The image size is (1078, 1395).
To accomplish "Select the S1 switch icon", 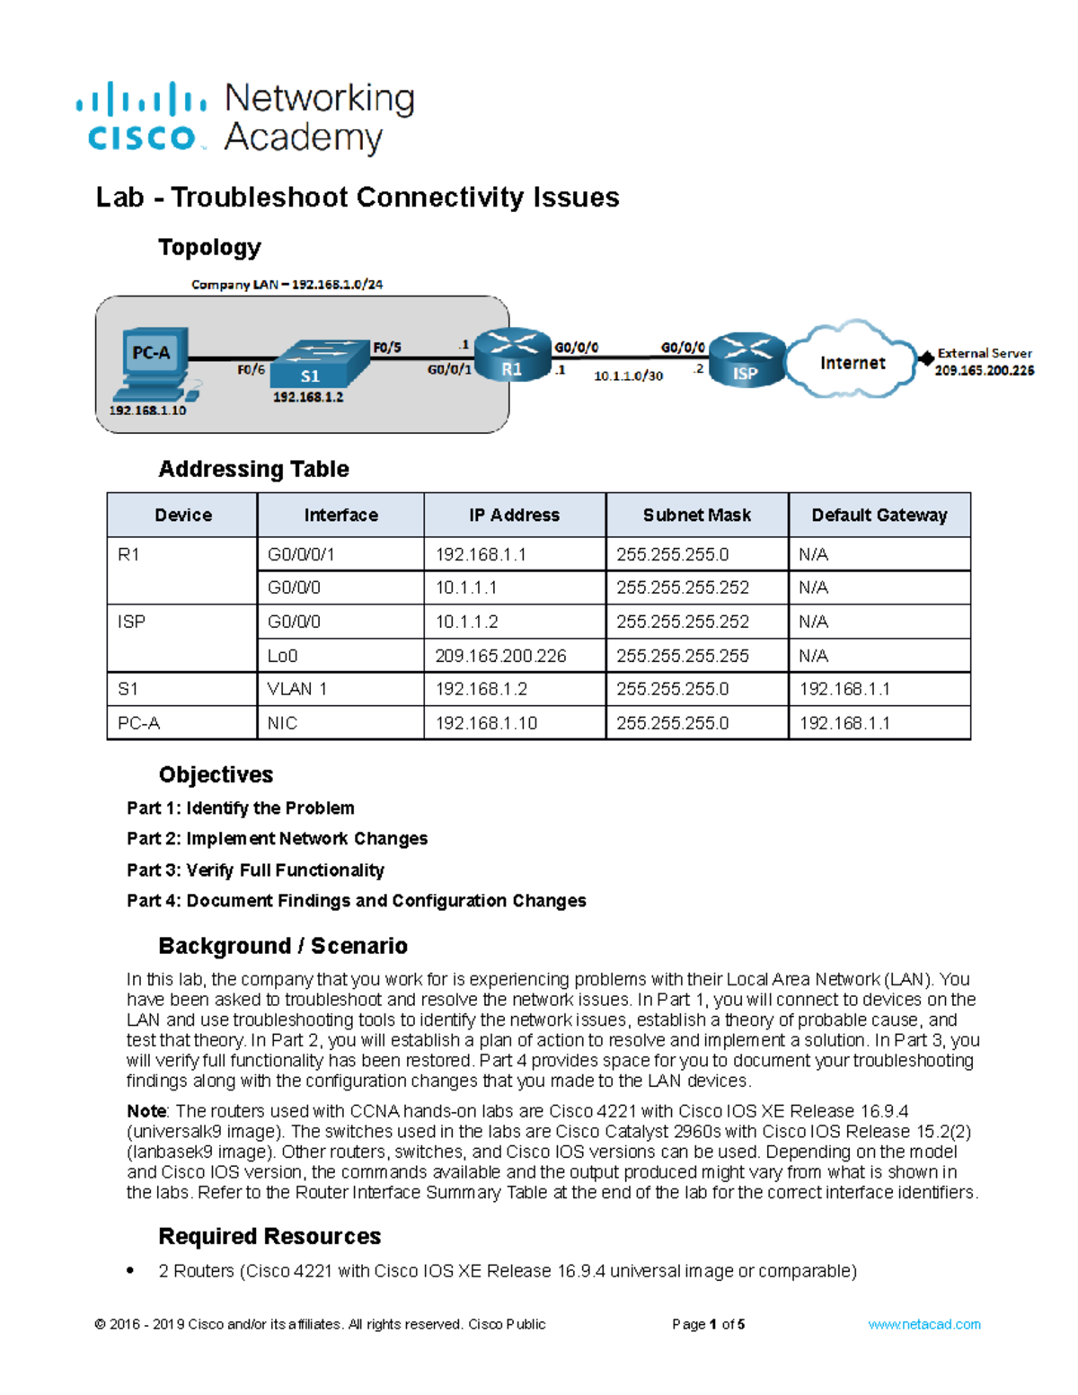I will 320,365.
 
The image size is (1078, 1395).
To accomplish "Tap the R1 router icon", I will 512,354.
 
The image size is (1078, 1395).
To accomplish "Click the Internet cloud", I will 852,362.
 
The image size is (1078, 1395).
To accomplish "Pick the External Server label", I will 985,353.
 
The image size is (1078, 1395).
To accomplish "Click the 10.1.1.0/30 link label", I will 628,375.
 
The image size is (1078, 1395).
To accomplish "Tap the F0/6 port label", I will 251,369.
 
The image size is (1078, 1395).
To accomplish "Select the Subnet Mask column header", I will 696,515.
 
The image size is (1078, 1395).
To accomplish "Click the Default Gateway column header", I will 879,515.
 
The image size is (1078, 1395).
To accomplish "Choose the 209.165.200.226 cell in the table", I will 500,656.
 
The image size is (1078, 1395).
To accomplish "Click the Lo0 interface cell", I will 283,656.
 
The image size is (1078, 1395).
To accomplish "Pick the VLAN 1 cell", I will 297,689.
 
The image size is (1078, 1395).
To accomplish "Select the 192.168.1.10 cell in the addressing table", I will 486,723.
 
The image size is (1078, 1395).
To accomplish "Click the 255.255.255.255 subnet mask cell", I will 683,656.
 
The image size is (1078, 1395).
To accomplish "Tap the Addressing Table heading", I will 253,469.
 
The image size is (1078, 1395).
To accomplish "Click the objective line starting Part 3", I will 255,870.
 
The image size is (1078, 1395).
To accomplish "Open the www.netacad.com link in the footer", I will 923,1324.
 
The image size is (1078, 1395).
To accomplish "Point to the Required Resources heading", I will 269,1236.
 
